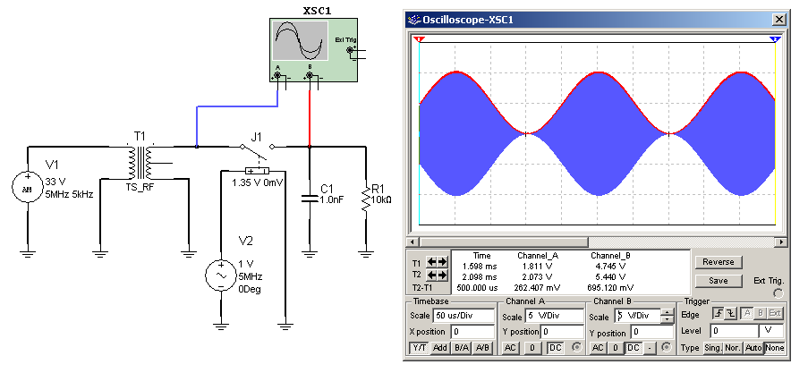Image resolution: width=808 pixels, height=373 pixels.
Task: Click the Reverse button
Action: [719, 262]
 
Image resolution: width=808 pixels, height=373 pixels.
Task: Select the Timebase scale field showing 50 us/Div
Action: [464, 316]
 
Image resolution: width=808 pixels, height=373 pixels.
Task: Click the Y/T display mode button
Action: [420, 347]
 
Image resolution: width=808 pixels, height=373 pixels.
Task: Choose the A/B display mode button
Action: [482, 347]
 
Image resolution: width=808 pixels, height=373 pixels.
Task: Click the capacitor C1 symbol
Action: [309, 199]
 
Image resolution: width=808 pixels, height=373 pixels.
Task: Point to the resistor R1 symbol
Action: [366, 199]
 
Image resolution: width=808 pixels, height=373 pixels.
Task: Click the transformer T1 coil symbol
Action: [140, 162]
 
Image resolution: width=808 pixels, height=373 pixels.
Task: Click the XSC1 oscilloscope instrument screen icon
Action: [300, 42]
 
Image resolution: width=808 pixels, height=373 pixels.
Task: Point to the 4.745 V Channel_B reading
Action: [612, 266]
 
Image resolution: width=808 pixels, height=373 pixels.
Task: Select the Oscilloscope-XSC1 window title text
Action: [479, 19]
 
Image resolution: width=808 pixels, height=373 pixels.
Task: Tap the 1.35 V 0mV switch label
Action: [257, 182]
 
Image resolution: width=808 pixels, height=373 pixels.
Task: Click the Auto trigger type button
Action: [753, 347]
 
